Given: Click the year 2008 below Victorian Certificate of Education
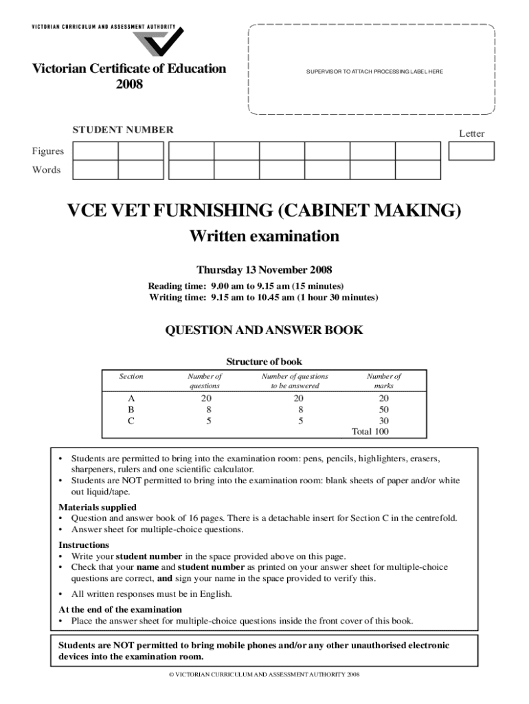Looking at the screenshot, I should [x=129, y=85].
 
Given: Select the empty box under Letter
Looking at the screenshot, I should [x=471, y=151].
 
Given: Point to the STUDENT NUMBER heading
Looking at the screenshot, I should [x=124, y=130].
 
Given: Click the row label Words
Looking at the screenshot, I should [x=47, y=170].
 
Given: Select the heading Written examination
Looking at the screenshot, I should [x=264, y=236].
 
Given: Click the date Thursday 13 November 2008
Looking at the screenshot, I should [x=264, y=269].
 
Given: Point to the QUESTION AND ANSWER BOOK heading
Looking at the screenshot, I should [x=264, y=331].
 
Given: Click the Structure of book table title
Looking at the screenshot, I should [x=264, y=362].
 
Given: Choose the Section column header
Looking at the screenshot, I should [x=131, y=377].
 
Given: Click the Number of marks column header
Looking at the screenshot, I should [x=384, y=381].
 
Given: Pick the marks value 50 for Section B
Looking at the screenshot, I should [x=384, y=409].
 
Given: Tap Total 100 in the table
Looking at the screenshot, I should [x=370, y=431].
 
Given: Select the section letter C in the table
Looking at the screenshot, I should [x=131, y=420].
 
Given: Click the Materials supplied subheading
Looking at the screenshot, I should [x=92, y=507].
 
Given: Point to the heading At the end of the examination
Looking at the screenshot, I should [x=120, y=610].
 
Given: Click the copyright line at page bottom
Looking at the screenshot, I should [x=264, y=674].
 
